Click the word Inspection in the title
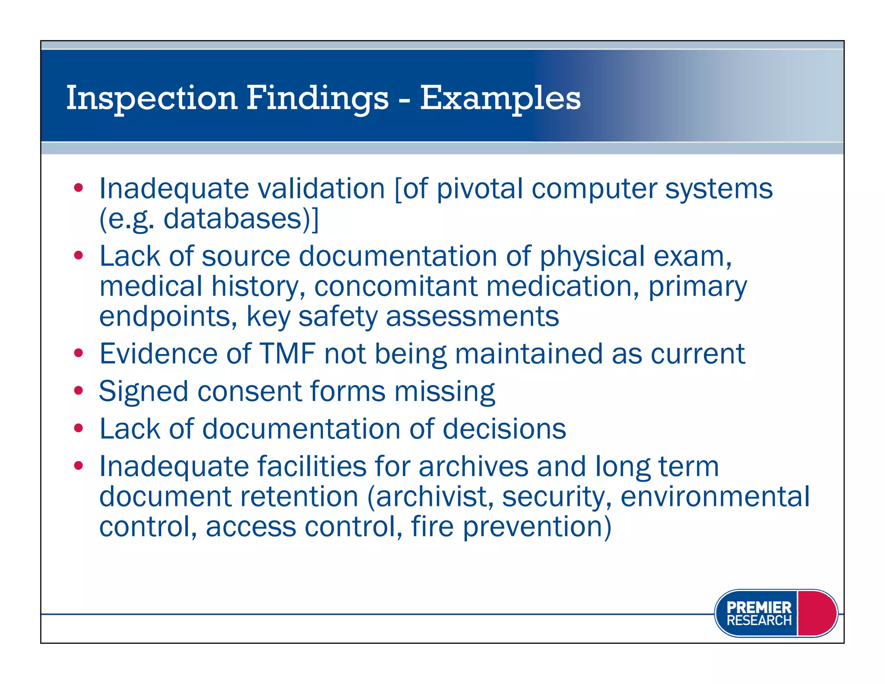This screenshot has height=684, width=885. click(151, 99)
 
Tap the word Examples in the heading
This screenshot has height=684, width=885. click(500, 99)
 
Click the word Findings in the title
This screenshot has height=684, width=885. click(318, 99)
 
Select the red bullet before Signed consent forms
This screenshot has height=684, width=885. click(78, 391)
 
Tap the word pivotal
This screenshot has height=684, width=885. click(480, 189)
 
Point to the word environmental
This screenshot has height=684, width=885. click(715, 497)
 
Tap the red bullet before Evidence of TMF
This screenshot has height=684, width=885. click(78, 353)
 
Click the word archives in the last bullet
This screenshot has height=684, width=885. click(473, 467)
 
